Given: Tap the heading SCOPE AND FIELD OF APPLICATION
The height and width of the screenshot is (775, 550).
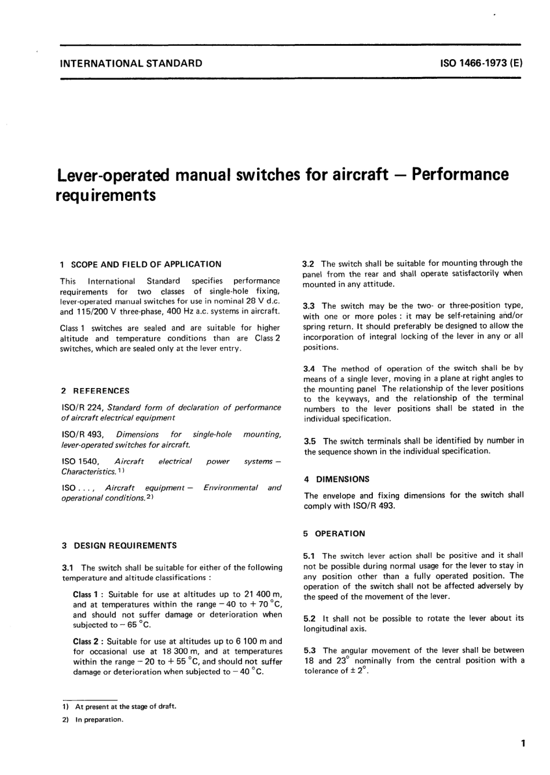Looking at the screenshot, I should click(x=145, y=264).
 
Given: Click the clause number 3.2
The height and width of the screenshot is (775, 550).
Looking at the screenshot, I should click(x=309, y=263).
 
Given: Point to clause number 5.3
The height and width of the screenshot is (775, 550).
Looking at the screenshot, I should click(x=310, y=650).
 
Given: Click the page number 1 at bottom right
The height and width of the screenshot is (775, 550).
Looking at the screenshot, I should click(x=522, y=743).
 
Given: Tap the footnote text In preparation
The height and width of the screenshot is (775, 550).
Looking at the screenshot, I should click(x=99, y=720).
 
